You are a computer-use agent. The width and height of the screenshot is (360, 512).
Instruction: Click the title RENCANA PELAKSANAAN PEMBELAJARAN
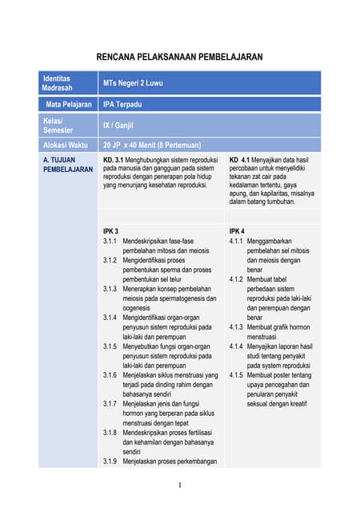(x=179, y=58)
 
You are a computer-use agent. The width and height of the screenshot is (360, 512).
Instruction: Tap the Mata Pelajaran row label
(x=67, y=104)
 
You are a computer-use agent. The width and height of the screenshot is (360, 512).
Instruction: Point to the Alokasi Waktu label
(x=67, y=145)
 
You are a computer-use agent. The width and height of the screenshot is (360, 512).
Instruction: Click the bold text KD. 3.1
(x=113, y=159)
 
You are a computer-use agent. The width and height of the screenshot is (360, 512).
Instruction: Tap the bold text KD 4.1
(x=240, y=159)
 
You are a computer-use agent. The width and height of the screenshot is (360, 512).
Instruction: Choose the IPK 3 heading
(x=110, y=230)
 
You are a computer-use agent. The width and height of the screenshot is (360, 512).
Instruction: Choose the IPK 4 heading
(x=236, y=230)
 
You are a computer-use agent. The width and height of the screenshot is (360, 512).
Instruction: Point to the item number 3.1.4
(x=110, y=318)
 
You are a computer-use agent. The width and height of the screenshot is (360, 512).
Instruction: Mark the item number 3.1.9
(x=110, y=462)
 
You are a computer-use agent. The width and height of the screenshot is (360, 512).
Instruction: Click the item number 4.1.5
(x=236, y=375)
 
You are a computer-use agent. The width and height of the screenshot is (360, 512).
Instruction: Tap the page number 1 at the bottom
(x=180, y=485)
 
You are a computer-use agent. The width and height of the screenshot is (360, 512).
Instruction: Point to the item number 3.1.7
(x=110, y=404)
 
